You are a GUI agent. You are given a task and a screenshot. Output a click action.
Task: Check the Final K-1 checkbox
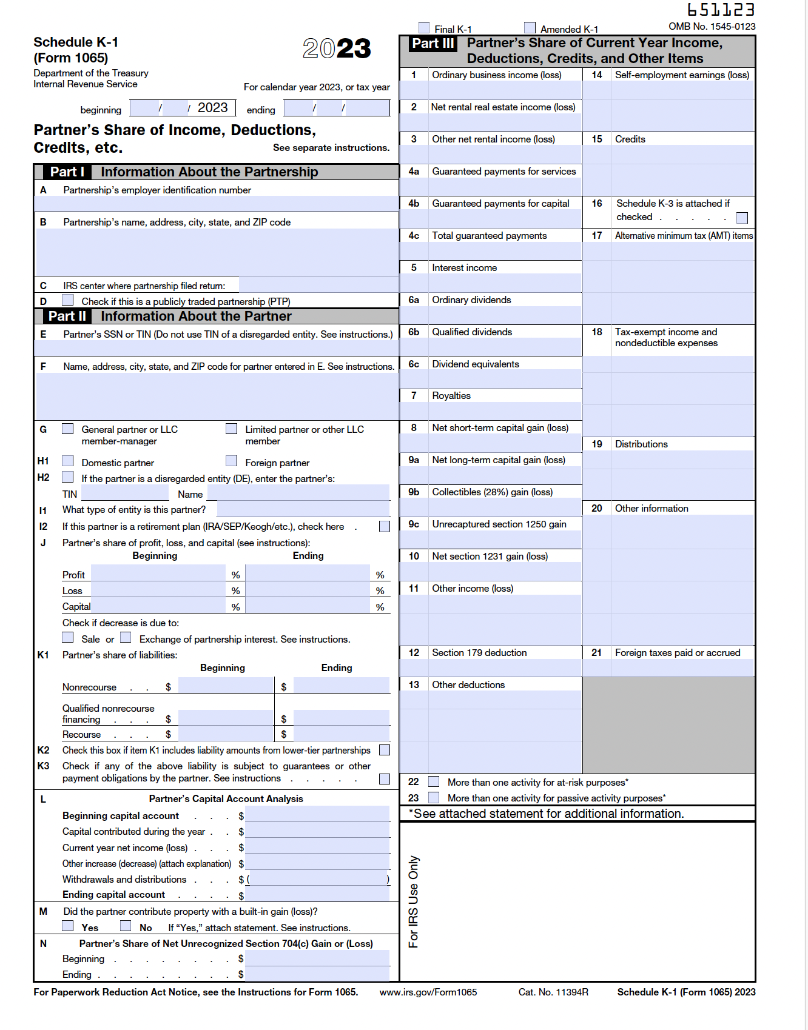tap(424, 28)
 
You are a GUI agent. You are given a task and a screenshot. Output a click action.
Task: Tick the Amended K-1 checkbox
tap(530, 28)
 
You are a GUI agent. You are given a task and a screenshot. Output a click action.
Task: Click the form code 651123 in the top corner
tap(721, 10)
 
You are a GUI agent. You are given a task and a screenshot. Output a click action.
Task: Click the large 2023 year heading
tap(337, 48)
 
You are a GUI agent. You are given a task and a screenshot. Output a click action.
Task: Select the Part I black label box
tap(67, 172)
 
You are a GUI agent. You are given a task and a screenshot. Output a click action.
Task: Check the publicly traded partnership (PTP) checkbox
tap(68, 301)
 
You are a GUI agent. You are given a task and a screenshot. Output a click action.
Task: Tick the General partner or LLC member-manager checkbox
tap(68, 429)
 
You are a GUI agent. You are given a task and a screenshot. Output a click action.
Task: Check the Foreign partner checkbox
tap(231, 461)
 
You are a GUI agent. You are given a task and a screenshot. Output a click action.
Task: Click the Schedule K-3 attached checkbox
tap(742, 218)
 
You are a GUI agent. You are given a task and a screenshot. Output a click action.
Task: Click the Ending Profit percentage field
tap(308, 574)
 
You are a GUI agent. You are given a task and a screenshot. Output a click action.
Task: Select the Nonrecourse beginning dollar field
tap(225, 686)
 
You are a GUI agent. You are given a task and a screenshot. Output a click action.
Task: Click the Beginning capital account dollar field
tap(317, 815)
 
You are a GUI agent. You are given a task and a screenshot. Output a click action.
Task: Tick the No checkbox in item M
tap(126, 926)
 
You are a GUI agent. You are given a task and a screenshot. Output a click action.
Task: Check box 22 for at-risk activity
tap(434, 781)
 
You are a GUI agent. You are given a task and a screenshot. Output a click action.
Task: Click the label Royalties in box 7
tap(451, 396)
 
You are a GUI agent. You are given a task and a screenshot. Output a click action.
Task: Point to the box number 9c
tap(414, 524)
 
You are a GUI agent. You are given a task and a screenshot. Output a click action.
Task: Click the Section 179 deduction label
tap(479, 653)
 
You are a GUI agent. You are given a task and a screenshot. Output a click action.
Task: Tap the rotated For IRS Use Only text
tap(414, 901)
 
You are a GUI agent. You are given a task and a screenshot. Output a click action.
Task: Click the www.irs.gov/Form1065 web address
tap(428, 992)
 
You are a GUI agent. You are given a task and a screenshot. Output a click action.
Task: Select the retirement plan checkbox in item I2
tap(384, 526)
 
